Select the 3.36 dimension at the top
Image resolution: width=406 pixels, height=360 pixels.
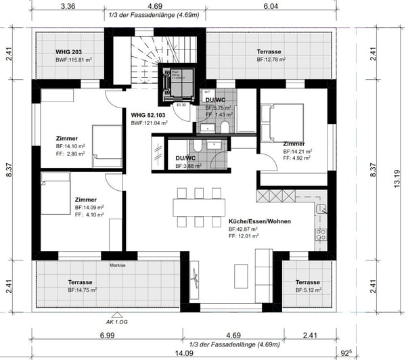coord(67,7)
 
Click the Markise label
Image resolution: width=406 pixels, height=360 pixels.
coord(118,265)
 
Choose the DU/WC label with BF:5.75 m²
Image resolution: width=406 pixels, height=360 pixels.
coord(217,100)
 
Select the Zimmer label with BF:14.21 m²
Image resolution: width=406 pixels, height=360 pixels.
coord(294,144)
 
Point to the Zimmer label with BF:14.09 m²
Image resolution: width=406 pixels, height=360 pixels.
coord(86,200)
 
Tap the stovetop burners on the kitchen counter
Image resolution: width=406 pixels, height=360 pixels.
coord(321,236)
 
